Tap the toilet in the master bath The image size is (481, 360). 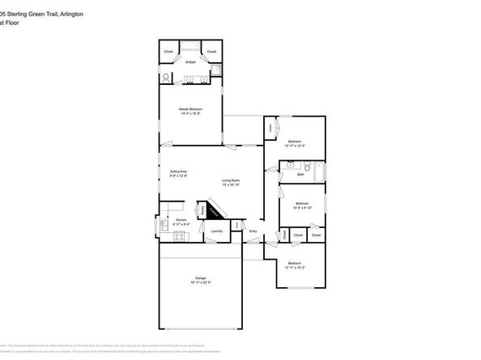(166, 78)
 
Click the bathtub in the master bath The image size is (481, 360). (191, 44)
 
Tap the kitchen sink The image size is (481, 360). (164, 225)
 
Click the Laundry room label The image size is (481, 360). (216, 231)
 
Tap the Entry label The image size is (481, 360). (253, 231)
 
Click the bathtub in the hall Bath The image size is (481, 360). (318, 172)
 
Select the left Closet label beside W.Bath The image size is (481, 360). (168, 52)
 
